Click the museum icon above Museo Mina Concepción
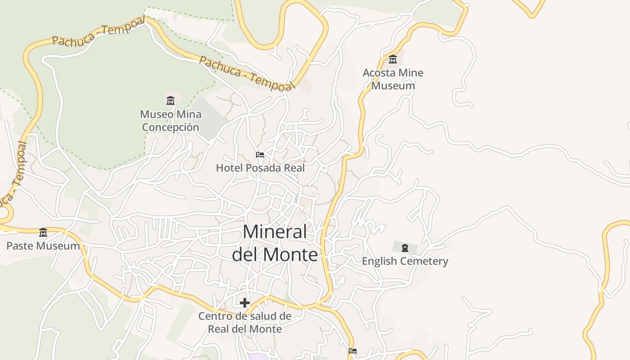click(x=171, y=100)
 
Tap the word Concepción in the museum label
click(x=171, y=127)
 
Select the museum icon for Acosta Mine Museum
click(x=393, y=59)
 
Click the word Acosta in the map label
click(x=378, y=73)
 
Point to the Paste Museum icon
click(x=43, y=232)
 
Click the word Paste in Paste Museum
click(x=21, y=246)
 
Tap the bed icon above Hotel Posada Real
click(x=260, y=155)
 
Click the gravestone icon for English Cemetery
click(x=405, y=247)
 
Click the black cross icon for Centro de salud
click(x=245, y=303)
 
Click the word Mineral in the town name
click(x=275, y=232)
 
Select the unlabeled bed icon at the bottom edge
click(x=353, y=351)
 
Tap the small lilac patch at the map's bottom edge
click(x=256, y=356)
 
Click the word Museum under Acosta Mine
click(x=393, y=86)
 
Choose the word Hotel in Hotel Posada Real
click(x=228, y=168)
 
